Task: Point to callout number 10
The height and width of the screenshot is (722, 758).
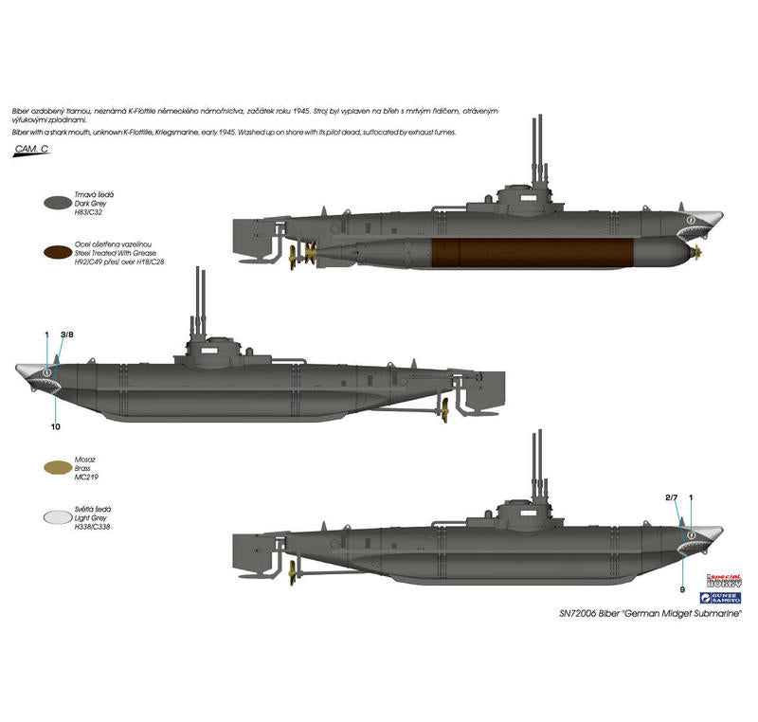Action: click(56, 427)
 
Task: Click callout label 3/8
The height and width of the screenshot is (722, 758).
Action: click(66, 334)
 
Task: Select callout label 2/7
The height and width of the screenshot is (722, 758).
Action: click(671, 497)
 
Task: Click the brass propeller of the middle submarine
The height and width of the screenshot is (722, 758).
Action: click(441, 407)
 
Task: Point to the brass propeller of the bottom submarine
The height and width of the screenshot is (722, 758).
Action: click(295, 568)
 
